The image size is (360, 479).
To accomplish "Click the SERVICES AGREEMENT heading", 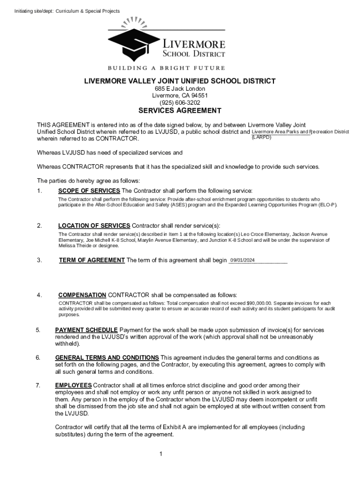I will pos(180,111).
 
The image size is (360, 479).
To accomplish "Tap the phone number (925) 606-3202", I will pos(180,102).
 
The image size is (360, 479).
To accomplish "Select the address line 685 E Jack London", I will pos(180,89).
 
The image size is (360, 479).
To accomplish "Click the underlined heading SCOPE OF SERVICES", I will pos(89,191).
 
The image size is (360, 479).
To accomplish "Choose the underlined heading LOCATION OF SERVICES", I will pos(94,226).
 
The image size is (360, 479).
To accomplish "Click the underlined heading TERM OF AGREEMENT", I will pos(92,261).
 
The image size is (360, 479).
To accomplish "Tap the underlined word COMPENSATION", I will pos(82,295).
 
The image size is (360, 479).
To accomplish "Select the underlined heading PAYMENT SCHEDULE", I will pos(86,330).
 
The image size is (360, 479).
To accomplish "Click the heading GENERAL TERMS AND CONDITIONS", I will pos(107,358).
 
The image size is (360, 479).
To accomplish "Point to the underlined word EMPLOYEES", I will pos(73,385).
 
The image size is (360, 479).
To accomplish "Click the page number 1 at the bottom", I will pos(160,454).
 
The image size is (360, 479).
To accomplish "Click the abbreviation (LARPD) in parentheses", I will pos(261,137).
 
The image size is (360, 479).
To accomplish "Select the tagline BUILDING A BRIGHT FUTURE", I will pos(166,68).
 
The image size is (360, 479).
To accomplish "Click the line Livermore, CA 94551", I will pos(180,96).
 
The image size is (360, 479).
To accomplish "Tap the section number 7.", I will pos(38,385).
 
